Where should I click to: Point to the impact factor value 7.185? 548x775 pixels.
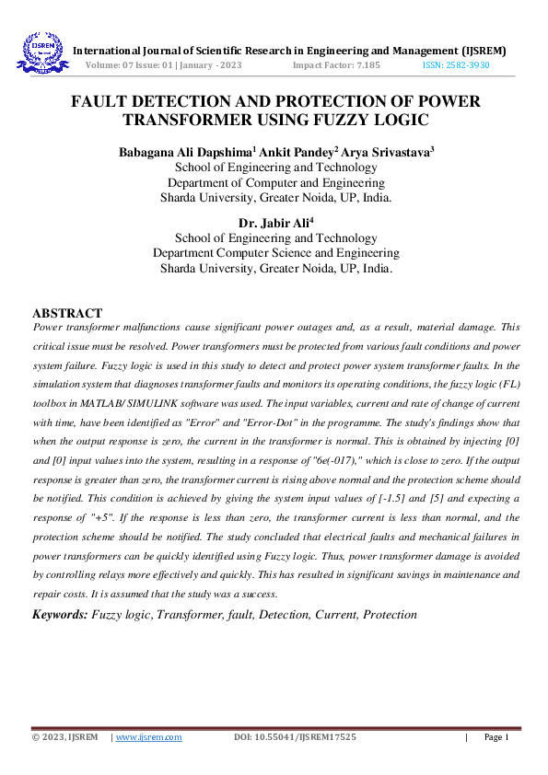362,66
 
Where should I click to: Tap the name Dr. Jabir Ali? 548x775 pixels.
274,223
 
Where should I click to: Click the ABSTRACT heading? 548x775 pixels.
67,314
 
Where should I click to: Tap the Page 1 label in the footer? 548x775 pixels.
496,737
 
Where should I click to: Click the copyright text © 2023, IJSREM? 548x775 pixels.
64,737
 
